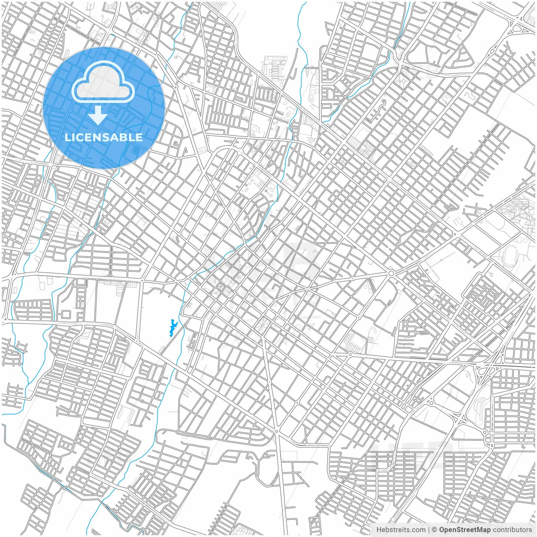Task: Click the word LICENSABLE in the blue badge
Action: (104, 137)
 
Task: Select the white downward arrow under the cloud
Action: (98, 115)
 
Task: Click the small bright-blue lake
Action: (172, 328)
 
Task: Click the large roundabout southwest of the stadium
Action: (391, 273)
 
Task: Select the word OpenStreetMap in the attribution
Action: (464, 530)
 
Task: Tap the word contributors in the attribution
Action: (512, 530)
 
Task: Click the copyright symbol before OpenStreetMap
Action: (435, 530)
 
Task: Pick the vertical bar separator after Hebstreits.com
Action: (428, 530)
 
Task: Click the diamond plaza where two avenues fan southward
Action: (263, 324)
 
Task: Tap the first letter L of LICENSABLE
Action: (67, 137)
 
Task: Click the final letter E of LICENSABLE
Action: (140, 137)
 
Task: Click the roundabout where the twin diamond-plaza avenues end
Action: (276, 431)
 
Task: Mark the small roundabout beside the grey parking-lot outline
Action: (350, 355)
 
